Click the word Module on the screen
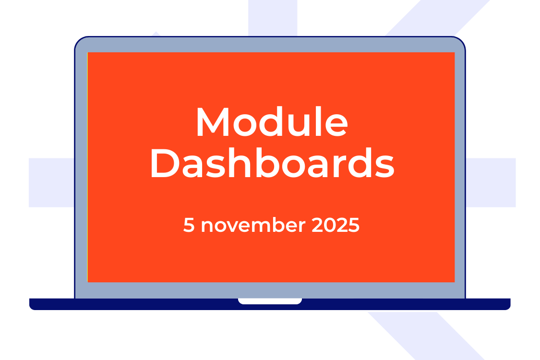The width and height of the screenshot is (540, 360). (272, 121)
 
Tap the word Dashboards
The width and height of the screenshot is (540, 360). (273, 163)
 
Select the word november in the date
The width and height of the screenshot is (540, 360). (253, 225)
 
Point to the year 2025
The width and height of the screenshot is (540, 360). (336, 225)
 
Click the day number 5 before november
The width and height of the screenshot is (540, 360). (189, 225)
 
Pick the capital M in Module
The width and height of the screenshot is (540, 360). (213, 122)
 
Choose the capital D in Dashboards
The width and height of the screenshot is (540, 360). (165, 163)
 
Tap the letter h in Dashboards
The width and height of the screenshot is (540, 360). (240, 162)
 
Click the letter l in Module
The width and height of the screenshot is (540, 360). (319, 121)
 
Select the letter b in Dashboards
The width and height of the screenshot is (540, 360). (267, 163)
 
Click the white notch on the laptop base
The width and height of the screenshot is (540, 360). (270, 301)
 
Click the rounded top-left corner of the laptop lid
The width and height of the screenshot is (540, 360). (79, 41)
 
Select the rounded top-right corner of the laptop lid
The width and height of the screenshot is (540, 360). (461, 41)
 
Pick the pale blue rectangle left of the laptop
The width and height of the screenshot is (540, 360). (51, 182)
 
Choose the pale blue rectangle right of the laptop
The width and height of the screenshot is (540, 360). (491, 182)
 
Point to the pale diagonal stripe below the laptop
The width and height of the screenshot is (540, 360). (426, 336)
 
